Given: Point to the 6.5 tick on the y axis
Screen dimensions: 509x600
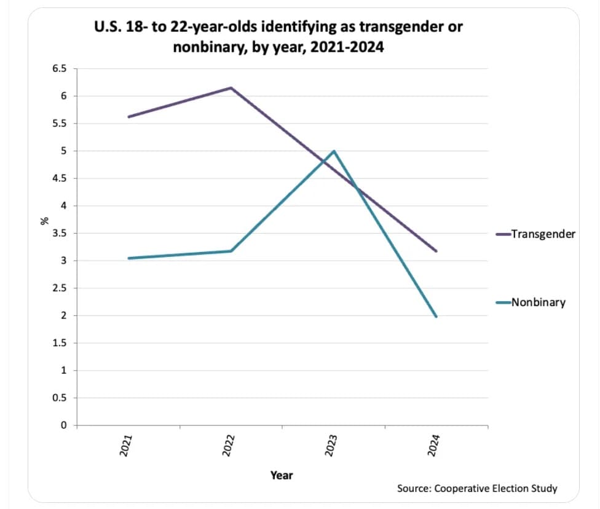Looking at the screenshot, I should click(59, 69).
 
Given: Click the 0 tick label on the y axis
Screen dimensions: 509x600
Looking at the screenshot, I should click(63, 425).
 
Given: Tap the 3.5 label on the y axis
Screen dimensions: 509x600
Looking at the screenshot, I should click(59, 234).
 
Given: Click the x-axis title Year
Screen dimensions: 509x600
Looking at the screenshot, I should click(282, 475).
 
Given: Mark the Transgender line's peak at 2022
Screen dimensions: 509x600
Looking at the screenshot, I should click(231, 88).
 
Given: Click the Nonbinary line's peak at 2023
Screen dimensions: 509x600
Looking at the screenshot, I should click(334, 151).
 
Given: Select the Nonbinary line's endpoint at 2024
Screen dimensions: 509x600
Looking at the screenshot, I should click(436, 317).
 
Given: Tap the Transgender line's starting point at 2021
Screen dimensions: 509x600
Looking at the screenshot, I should click(128, 117).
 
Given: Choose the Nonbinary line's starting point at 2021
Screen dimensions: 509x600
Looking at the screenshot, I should click(128, 258).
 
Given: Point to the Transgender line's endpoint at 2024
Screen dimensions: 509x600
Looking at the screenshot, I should click(436, 251).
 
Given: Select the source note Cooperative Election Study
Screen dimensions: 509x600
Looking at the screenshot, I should click(495, 489).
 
